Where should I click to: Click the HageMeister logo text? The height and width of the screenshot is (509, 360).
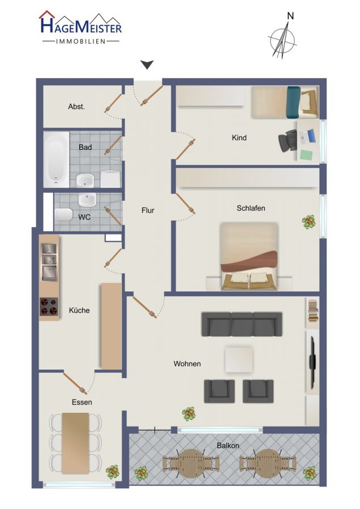click(x=80, y=25)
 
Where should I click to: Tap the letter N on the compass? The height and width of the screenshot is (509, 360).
click(x=290, y=16)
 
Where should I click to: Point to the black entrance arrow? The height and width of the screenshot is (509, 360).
click(x=147, y=65)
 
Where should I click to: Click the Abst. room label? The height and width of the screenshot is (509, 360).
click(x=76, y=106)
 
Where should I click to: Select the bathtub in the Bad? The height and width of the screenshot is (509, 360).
click(x=57, y=159)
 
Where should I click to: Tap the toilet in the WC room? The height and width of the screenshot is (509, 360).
click(x=63, y=214)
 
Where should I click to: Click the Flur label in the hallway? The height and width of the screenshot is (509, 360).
click(x=148, y=210)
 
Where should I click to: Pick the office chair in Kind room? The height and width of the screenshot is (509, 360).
click(x=288, y=141)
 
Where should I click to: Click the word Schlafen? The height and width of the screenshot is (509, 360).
click(x=251, y=208)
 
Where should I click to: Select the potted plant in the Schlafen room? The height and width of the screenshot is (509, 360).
click(x=308, y=222)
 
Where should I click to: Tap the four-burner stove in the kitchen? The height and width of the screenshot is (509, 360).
click(x=49, y=307)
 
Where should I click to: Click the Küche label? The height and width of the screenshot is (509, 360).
click(x=79, y=310)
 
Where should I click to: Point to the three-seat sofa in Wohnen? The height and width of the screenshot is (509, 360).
click(x=242, y=324)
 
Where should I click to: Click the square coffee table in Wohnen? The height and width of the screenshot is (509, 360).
click(x=239, y=360)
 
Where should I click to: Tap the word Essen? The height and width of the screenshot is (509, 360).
click(x=82, y=402)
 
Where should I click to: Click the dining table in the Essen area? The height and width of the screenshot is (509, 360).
click(x=75, y=443)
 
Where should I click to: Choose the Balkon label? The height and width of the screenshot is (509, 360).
click(x=228, y=446)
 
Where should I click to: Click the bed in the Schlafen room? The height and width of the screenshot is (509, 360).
click(x=249, y=256)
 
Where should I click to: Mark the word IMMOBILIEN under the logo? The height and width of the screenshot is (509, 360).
click(x=81, y=41)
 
